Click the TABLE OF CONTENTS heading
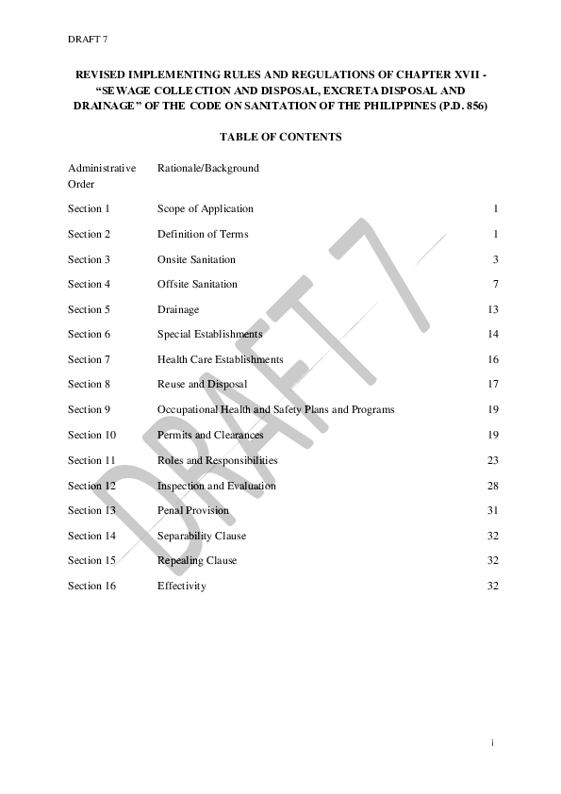(x=280, y=137)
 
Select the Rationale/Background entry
(x=207, y=168)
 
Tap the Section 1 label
(x=89, y=208)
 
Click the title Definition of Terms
(x=203, y=234)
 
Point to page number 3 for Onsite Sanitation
(x=495, y=259)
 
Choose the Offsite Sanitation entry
(x=197, y=284)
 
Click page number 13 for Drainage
(x=492, y=309)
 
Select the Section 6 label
(x=89, y=334)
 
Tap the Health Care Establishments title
(x=220, y=359)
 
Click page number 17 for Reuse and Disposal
(x=492, y=384)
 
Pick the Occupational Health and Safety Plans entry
(x=275, y=409)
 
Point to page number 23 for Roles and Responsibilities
(x=492, y=460)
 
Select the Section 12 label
(x=91, y=486)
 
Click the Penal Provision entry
(x=192, y=510)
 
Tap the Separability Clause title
(x=202, y=536)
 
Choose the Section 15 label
(x=91, y=560)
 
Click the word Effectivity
(x=181, y=586)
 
